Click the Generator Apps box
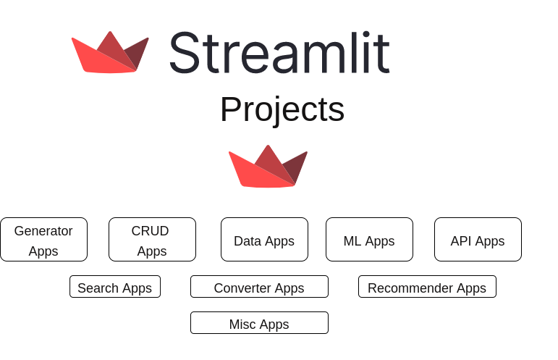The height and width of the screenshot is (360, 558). tap(43, 240)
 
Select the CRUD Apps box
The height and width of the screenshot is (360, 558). tap(152, 240)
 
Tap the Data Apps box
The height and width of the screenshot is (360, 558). tap(264, 240)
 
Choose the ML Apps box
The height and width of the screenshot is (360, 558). tap(369, 240)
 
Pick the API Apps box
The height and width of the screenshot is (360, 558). tap(478, 240)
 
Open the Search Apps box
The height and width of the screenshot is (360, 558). tap(114, 287)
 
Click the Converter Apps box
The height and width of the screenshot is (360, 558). tap(259, 287)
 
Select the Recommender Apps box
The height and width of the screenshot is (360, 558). tap(427, 287)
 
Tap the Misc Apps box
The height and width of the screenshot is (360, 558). tap(259, 323)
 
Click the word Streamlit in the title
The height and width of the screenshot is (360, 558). tap(279, 53)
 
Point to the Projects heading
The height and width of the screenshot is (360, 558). tap(282, 109)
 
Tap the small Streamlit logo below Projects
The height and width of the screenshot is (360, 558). tap(268, 167)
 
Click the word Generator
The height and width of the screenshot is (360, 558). tap(43, 231)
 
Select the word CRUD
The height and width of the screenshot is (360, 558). tap(150, 231)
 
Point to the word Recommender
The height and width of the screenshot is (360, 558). tap(410, 288)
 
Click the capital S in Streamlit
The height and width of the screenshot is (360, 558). tap(185, 54)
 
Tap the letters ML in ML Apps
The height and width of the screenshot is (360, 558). tap(352, 241)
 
